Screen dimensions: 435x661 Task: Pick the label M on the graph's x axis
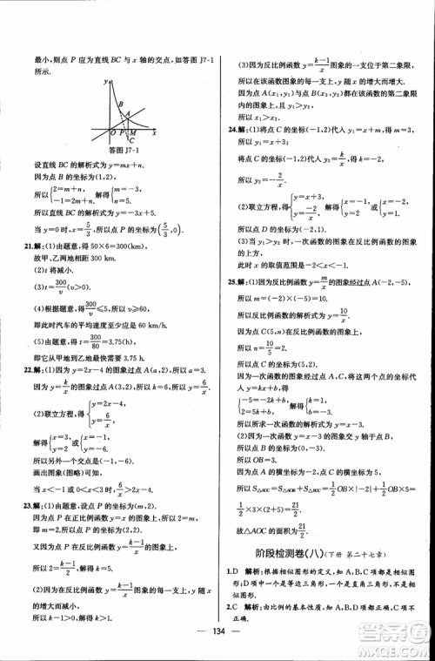click(x=132, y=132)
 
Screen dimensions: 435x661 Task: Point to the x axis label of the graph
click(x=154, y=133)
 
